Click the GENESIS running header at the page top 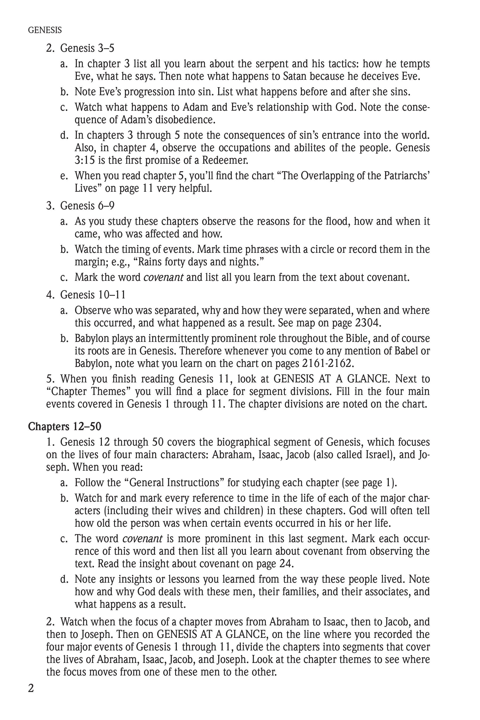pyautogui.click(x=45, y=30)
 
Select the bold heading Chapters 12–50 pyautogui.click(x=64, y=426)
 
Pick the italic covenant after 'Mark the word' pyautogui.click(x=163, y=277)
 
